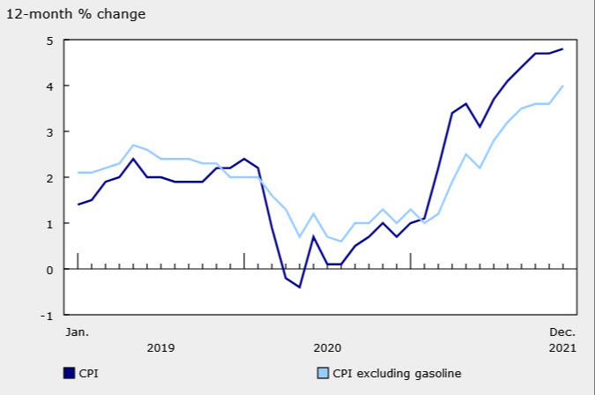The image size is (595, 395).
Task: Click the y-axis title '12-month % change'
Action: click(x=77, y=14)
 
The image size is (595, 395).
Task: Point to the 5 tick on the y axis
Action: click(x=49, y=41)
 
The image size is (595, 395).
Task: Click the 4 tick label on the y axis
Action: click(x=49, y=86)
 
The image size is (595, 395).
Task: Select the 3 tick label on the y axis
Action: click(x=49, y=132)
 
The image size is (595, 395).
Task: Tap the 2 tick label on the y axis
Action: click(x=49, y=178)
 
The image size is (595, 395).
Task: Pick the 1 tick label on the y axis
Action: click(x=49, y=224)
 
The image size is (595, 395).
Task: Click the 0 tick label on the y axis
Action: click(x=49, y=270)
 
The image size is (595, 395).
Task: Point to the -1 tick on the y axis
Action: click(x=47, y=316)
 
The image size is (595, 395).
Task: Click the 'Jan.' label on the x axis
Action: click(x=77, y=332)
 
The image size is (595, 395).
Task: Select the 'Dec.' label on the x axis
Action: click(x=562, y=332)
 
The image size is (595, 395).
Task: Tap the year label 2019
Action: click(x=160, y=348)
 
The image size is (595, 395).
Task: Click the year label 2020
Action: click(x=326, y=348)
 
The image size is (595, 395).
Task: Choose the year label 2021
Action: click(x=562, y=348)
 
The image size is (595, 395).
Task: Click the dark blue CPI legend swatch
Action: click(x=69, y=373)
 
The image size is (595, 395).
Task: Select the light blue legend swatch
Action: click(x=323, y=373)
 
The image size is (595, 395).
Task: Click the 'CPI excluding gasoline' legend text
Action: click(x=397, y=373)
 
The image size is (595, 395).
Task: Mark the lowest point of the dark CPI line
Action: click(x=300, y=287)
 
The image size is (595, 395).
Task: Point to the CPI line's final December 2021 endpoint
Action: click(x=562, y=49)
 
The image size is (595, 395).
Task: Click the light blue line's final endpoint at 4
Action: click(x=562, y=86)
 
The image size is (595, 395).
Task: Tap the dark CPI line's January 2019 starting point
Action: click(x=78, y=205)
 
